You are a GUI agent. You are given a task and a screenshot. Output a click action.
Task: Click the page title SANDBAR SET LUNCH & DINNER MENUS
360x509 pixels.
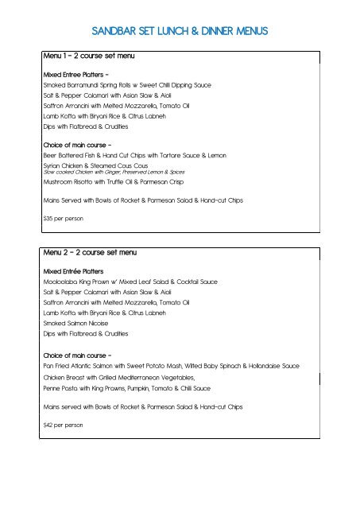point(180,32)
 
